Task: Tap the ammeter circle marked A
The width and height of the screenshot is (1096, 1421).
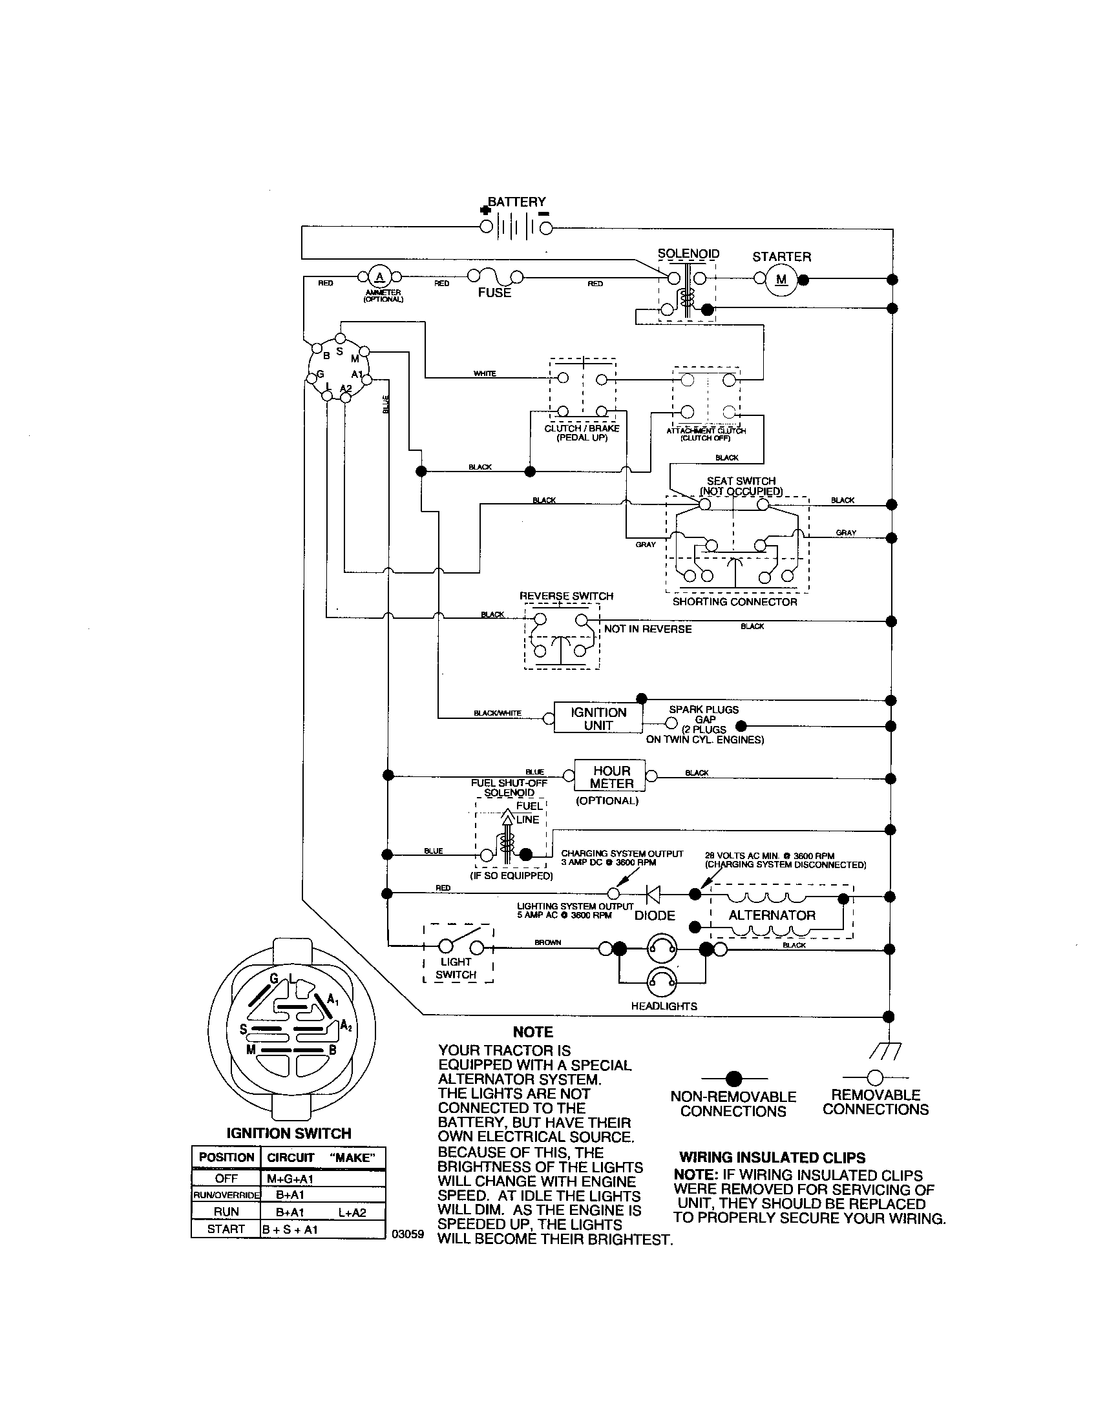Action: (379, 277)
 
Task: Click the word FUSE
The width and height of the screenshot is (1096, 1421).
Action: (494, 293)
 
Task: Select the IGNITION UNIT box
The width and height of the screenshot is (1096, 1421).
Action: (598, 718)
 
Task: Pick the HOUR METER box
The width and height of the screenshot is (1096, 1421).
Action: (611, 777)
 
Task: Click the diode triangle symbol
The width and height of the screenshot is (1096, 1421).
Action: (653, 895)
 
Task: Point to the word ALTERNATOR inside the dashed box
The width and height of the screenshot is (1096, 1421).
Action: (772, 915)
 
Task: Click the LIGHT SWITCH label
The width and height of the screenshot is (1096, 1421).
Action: (456, 968)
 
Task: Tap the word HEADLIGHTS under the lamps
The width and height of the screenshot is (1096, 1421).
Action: (664, 1006)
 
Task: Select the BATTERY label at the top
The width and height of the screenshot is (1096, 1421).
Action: (517, 202)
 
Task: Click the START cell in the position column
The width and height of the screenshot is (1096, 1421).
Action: (225, 1229)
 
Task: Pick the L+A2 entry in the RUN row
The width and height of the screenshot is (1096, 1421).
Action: (352, 1212)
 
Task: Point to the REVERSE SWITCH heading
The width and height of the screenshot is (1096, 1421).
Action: (566, 596)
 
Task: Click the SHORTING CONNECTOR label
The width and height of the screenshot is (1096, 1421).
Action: (735, 602)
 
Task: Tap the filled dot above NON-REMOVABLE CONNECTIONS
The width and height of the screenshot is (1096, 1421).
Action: (734, 1079)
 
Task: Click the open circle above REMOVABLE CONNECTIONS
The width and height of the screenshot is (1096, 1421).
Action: (876, 1077)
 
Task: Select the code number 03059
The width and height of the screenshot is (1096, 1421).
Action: (407, 1234)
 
